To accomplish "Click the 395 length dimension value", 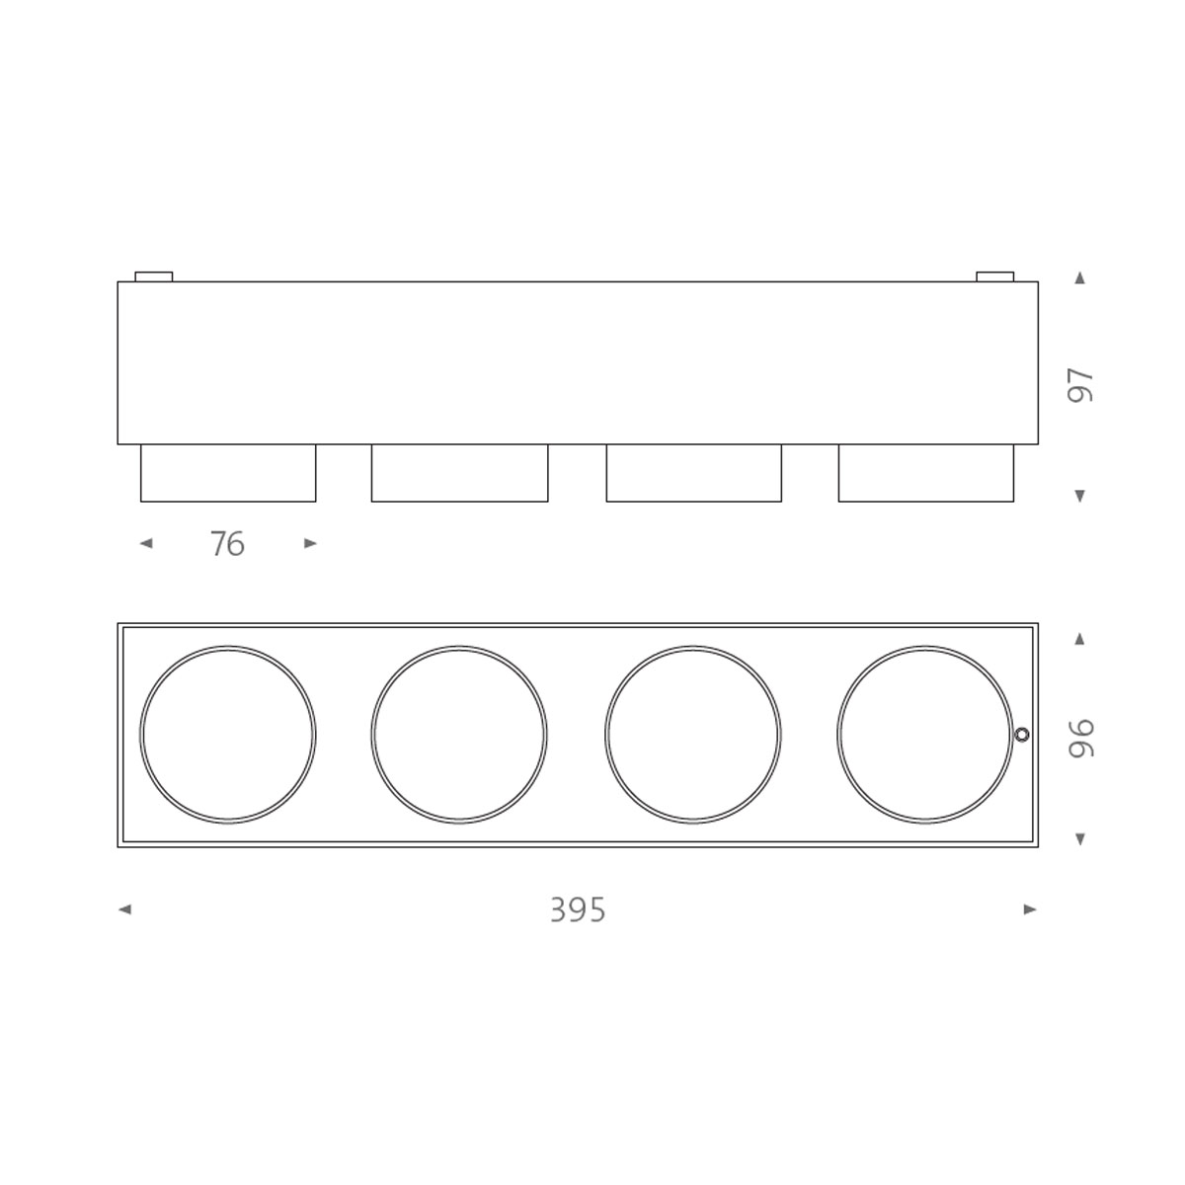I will [578, 909].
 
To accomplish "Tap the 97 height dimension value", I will [1081, 385].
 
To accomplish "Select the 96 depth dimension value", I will [1081, 738].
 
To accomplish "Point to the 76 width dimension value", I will [227, 544].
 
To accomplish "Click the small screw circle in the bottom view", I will [1022, 734].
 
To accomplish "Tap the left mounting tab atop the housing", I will [153, 276].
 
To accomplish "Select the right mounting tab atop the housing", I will [994, 276].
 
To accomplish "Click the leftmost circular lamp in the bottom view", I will [227, 734].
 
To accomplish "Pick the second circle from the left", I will [459, 734].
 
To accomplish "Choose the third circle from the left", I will [692, 734].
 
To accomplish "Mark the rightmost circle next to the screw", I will [924, 734].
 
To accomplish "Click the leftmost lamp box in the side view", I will [228, 473].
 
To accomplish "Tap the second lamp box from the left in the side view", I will [459, 473].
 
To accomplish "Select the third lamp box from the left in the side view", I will [693, 473].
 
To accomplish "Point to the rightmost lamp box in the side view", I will [925, 473].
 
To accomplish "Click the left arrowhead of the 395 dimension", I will [124, 909].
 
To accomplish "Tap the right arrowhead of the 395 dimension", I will [1030, 909].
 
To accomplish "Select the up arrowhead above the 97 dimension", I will [1079, 278].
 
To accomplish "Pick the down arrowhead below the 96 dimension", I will [1079, 839].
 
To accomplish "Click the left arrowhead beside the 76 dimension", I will [146, 543].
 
